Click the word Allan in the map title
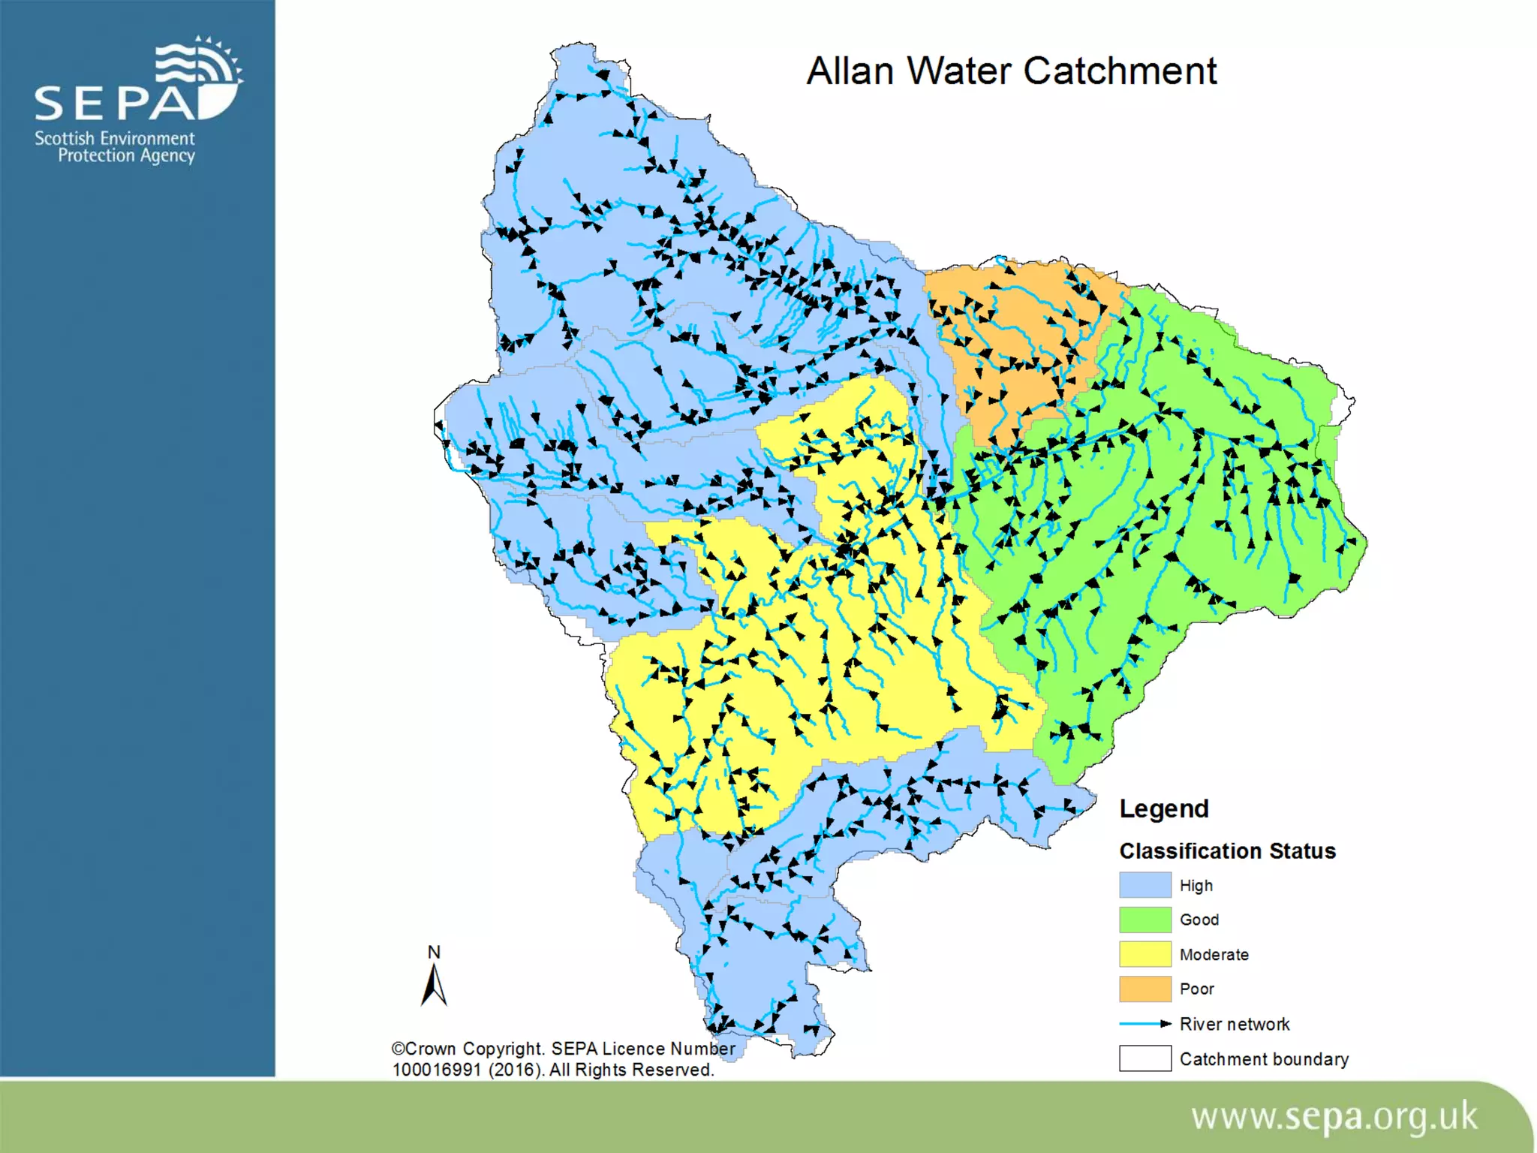[850, 72]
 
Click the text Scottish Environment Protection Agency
[115, 147]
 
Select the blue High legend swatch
[1144, 885]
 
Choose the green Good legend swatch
[1144, 920]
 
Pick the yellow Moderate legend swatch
[1144, 954]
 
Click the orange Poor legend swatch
[1144, 989]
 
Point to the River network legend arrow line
[1144, 1024]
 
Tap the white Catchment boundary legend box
[1144, 1058]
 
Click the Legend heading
[1164, 808]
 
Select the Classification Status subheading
[1227, 851]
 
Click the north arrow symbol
[434, 986]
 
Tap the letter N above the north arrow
[434, 952]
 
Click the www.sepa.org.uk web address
[1334, 1117]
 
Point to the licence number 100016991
[436, 1070]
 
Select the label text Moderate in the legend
[1214, 955]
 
